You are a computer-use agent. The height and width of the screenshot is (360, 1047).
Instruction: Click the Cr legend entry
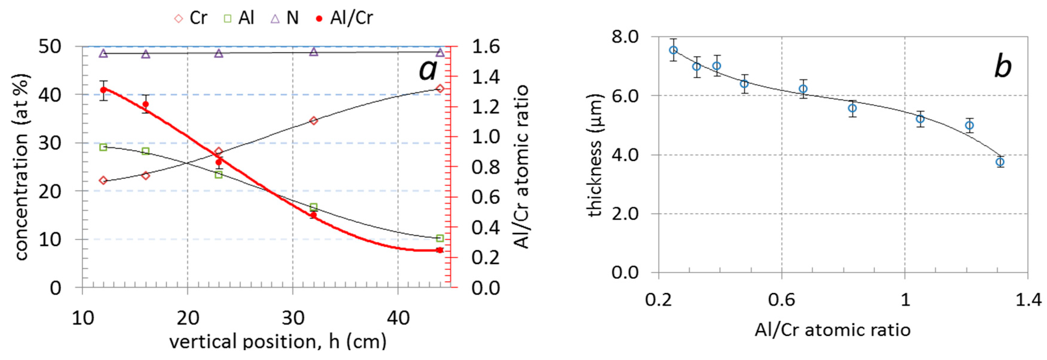click(x=191, y=18)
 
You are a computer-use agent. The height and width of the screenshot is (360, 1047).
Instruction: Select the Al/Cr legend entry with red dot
click(x=345, y=18)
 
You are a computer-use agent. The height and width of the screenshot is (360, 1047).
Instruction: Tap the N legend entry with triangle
click(x=285, y=18)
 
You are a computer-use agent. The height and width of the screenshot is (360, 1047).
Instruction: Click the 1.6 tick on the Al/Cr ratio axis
click(x=485, y=47)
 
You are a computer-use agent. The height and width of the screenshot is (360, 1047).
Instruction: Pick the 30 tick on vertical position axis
click(x=293, y=318)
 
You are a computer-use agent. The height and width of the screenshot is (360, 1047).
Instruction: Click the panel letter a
click(x=428, y=69)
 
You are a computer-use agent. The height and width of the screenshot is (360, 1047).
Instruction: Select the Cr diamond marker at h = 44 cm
click(x=440, y=89)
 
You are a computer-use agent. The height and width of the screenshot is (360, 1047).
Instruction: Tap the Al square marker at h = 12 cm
click(x=103, y=147)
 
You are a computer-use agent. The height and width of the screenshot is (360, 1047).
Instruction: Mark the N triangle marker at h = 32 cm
click(x=313, y=51)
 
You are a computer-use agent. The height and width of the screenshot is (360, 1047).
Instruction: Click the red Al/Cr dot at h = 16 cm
click(x=146, y=104)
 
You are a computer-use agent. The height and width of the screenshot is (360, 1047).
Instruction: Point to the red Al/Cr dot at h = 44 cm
click(x=440, y=250)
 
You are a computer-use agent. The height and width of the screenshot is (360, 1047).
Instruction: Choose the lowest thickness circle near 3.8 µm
click(x=1000, y=162)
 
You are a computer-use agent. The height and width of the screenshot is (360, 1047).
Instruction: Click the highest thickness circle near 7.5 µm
click(x=673, y=50)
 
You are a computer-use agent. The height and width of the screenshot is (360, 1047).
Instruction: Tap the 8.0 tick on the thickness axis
click(x=625, y=37)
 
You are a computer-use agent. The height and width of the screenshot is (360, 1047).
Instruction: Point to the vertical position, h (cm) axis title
click(x=278, y=341)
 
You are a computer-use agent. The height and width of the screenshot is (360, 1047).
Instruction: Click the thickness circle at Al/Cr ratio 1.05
click(x=920, y=119)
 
